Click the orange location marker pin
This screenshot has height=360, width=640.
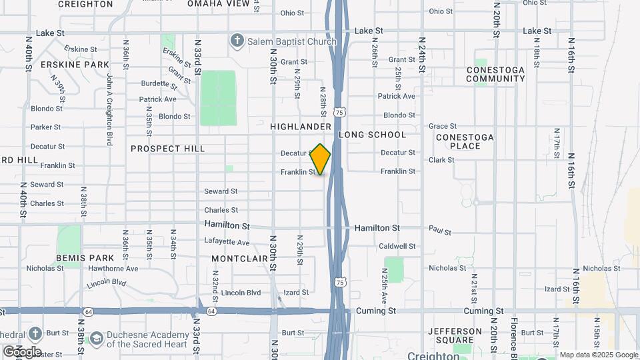point(321,159)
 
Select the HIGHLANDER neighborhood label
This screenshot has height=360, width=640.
point(301,127)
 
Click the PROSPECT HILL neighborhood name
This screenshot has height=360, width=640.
point(168,149)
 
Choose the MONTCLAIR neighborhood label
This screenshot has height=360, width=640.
point(239,258)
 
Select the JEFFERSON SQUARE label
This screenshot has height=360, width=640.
point(455,336)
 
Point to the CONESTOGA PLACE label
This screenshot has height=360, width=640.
point(465,141)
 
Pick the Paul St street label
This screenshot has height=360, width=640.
point(440,231)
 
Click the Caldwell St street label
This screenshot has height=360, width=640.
point(397,246)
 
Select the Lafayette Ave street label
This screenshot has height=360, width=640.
point(227,243)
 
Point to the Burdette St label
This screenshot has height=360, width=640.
point(158,83)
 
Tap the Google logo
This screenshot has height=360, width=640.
point(22,351)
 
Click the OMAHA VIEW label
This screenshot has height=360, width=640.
point(218,3)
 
